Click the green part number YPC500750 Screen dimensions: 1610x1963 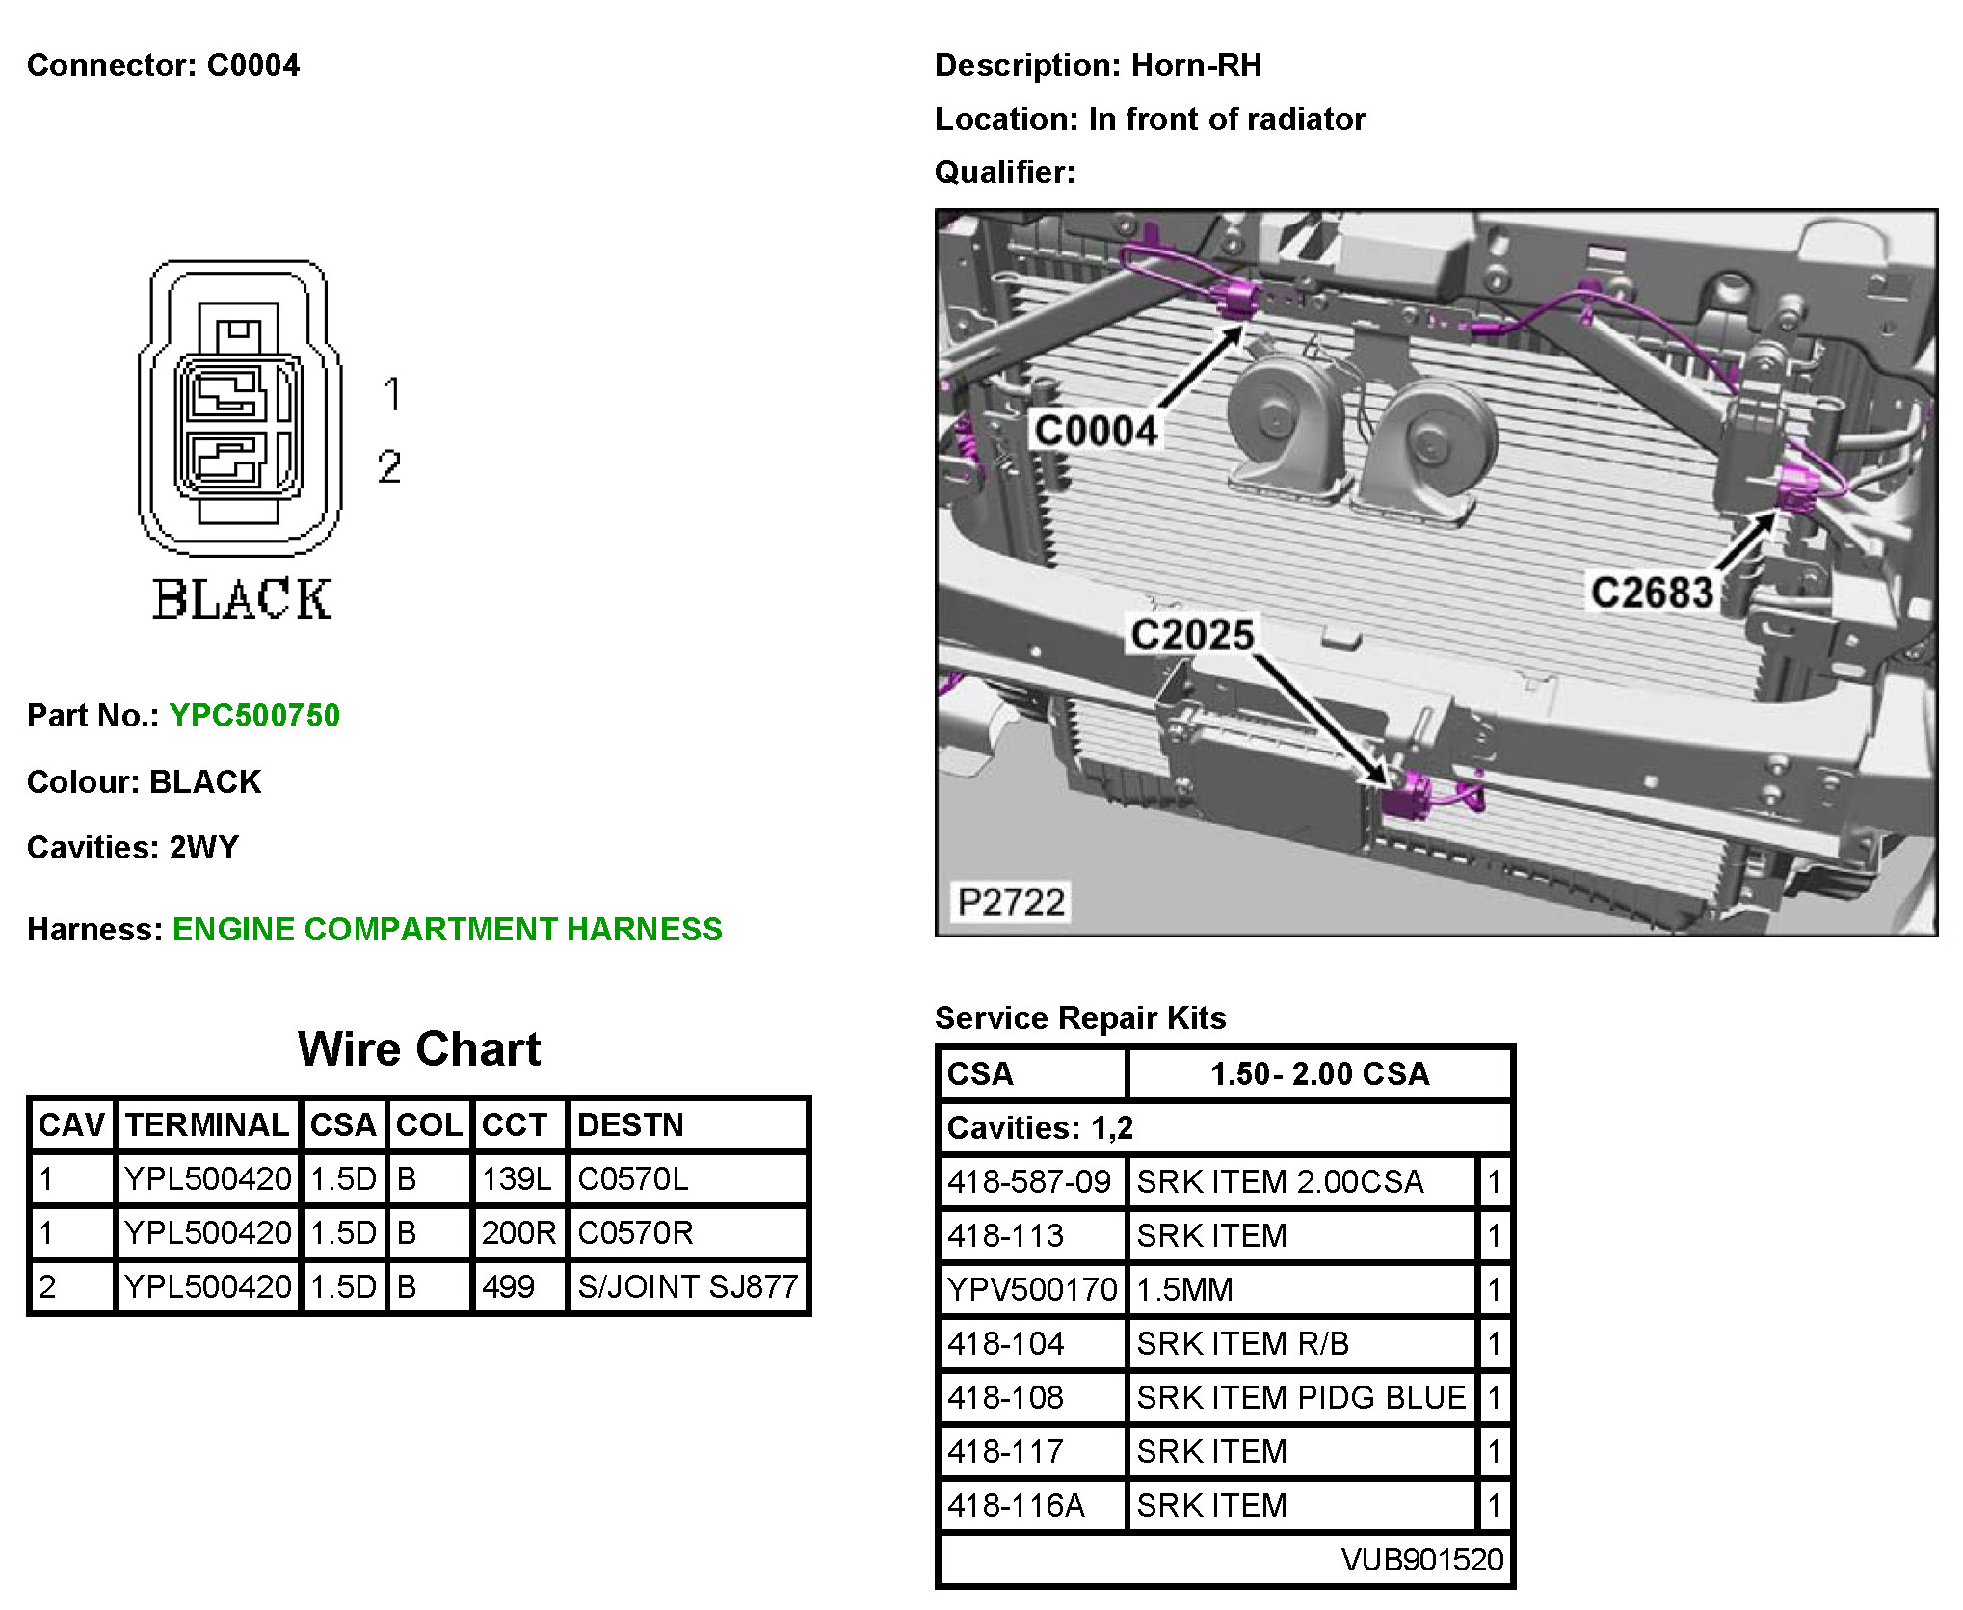point(254,716)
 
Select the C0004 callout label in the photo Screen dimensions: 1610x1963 point(1095,430)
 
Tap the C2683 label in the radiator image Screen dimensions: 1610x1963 point(1652,593)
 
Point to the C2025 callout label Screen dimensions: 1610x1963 point(1192,635)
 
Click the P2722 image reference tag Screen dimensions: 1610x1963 point(1011,903)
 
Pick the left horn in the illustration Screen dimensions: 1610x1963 point(1278,425)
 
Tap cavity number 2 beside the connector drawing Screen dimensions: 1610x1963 point(389,467)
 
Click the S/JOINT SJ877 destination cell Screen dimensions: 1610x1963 point(687,1286)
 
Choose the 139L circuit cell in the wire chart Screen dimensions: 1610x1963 point(517,1178)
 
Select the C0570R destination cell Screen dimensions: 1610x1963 point(635,1232)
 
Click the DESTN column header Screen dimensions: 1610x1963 point(630,1124)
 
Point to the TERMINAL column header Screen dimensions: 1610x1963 point(207,1124)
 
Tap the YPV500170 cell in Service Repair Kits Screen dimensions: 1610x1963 point(1032,1289)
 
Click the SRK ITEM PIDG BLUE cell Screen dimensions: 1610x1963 point(1301,1397)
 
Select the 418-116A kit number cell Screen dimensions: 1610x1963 point(1016,1505)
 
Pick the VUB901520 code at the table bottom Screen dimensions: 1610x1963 point(1421,1559)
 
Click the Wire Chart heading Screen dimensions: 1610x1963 point(419,1048)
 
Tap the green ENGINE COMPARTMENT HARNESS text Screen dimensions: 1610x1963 point(447,929)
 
